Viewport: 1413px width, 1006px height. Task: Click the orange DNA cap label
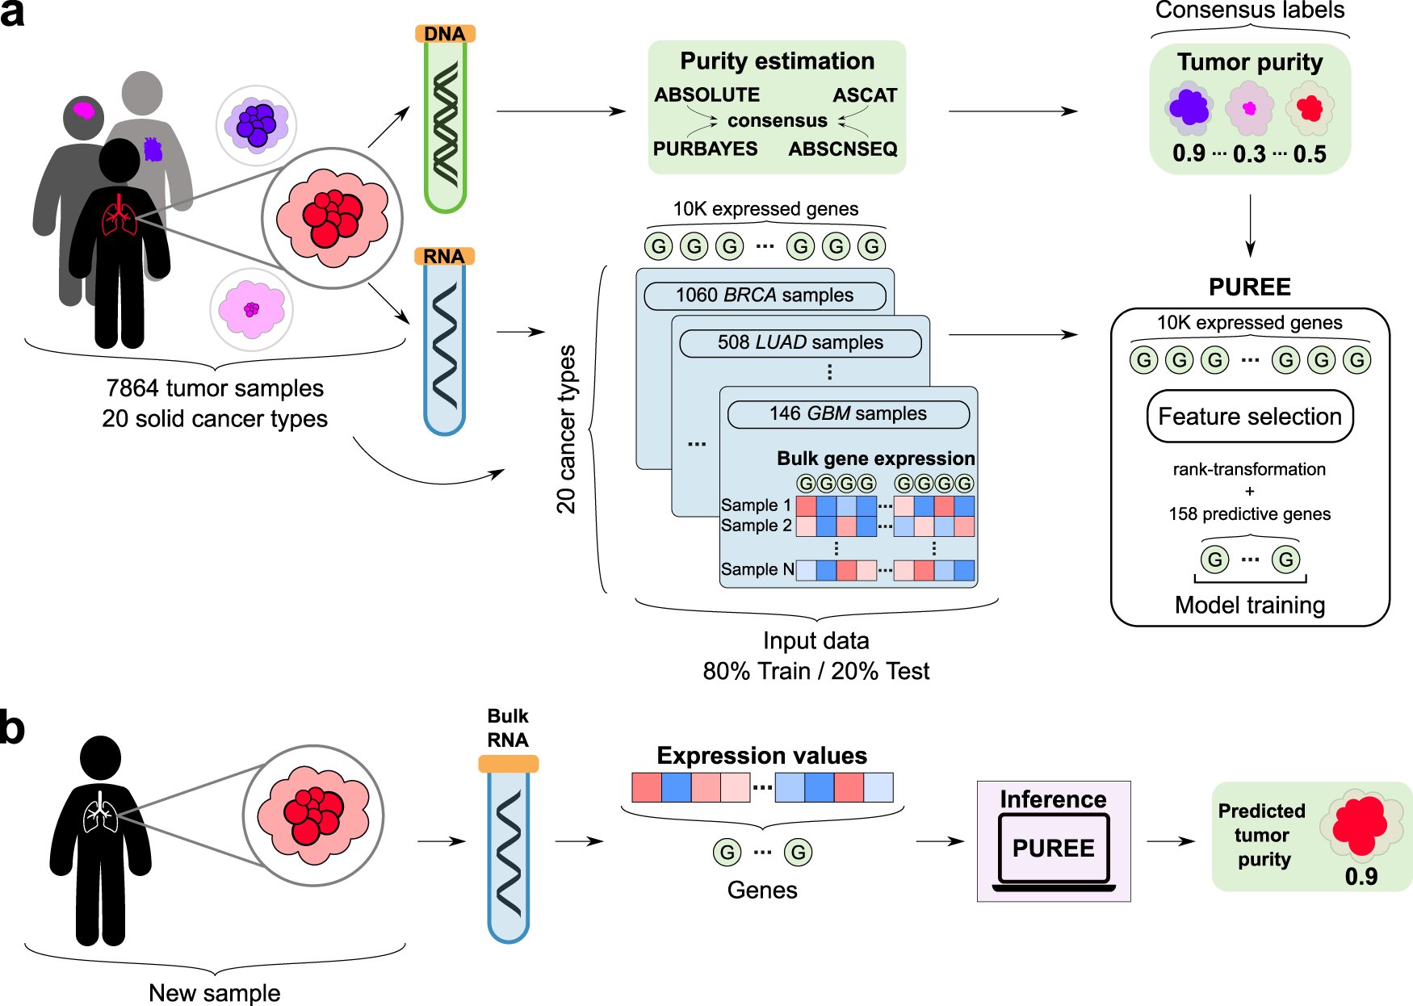445,34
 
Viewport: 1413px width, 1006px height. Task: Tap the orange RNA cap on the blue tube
443,256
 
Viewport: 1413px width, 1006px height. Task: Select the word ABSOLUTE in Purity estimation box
706,95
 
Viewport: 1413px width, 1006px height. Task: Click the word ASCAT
865,95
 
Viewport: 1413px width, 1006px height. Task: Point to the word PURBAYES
705,149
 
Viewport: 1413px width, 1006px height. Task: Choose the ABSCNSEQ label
843,149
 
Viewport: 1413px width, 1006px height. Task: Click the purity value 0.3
1249,154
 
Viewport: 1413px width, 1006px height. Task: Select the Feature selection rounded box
1250,417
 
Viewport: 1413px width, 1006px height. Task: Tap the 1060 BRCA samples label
765,296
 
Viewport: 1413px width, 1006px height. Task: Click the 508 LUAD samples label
800,342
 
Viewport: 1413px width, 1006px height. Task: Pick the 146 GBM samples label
848,413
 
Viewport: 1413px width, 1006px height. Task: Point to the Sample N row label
757,569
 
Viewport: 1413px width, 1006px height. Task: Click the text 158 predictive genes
1249,514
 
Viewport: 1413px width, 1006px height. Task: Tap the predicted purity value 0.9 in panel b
1361,876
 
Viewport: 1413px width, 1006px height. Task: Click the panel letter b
12,728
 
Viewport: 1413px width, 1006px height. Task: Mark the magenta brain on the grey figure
84,110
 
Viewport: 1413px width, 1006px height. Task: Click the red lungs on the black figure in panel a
119,216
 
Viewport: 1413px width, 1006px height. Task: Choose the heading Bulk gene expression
875,459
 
